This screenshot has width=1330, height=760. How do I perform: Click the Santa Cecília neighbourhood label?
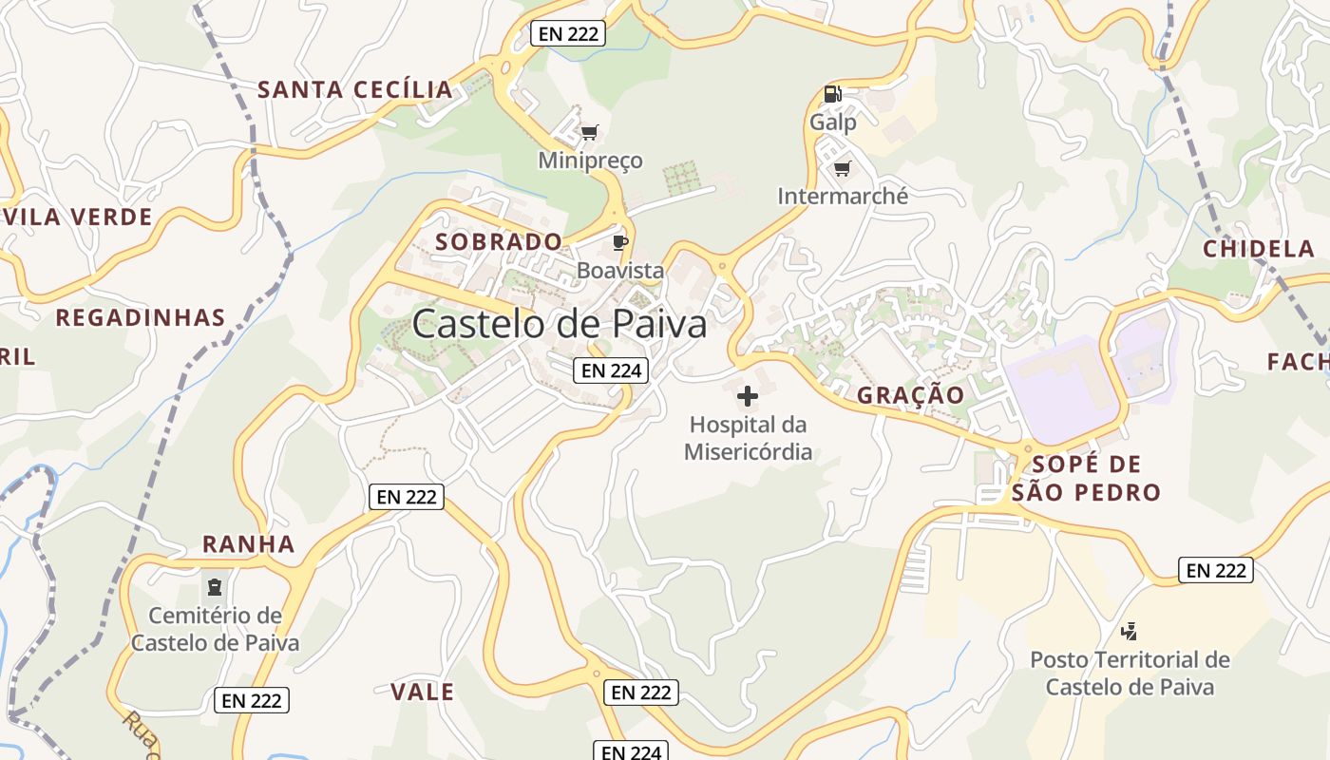pyautogui.click(x=355, y=90)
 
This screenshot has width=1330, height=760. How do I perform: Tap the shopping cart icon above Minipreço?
pyautogui.click(x=590, y=133)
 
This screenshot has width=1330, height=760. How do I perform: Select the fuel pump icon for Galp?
pyautogui.click(x=832, y=94)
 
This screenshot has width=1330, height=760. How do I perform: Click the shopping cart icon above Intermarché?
pyautogui.click(x=842, y=169)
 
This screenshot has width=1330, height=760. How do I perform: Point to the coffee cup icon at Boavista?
pyautogui.click(x=620, y=243)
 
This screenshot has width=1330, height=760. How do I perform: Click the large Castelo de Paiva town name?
pyautogui.click(x=560, y=325)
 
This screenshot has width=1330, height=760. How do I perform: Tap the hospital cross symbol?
pyautogui.click(x=748, y=396)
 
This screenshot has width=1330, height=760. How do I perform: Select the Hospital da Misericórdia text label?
pyautogui.click(x=749, y=438)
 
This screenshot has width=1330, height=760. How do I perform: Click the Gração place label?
pyautogui.click(x=911, y=395)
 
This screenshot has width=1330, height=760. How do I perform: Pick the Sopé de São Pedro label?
pyautogui.click(x=1086, y=479)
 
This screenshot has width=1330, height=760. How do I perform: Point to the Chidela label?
pyautogui.click(x=1259, y=250)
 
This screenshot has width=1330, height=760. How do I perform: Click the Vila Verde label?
pyautogui.click(x=78, y=218)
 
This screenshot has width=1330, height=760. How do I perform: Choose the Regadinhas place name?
pyautogui.click(x=141, y=318)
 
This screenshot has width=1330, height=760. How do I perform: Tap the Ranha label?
pyautogui.click(x=249, y=545)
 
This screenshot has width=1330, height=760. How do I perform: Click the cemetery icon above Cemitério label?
pyautogui.click(x=215, y=586)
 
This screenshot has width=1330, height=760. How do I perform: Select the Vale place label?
pyautogui.click(x=423, y=693)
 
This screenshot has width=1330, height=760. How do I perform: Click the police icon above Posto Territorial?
pyautogui.click(x=1129, y=630)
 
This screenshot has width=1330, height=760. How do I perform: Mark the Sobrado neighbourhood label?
pyautogui.click(x=499, y=242)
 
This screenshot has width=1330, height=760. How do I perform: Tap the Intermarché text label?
pyautogui.click(x=843, y=197)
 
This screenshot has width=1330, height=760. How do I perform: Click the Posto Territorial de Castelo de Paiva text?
pyautogui.click(x=1130, y=674)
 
